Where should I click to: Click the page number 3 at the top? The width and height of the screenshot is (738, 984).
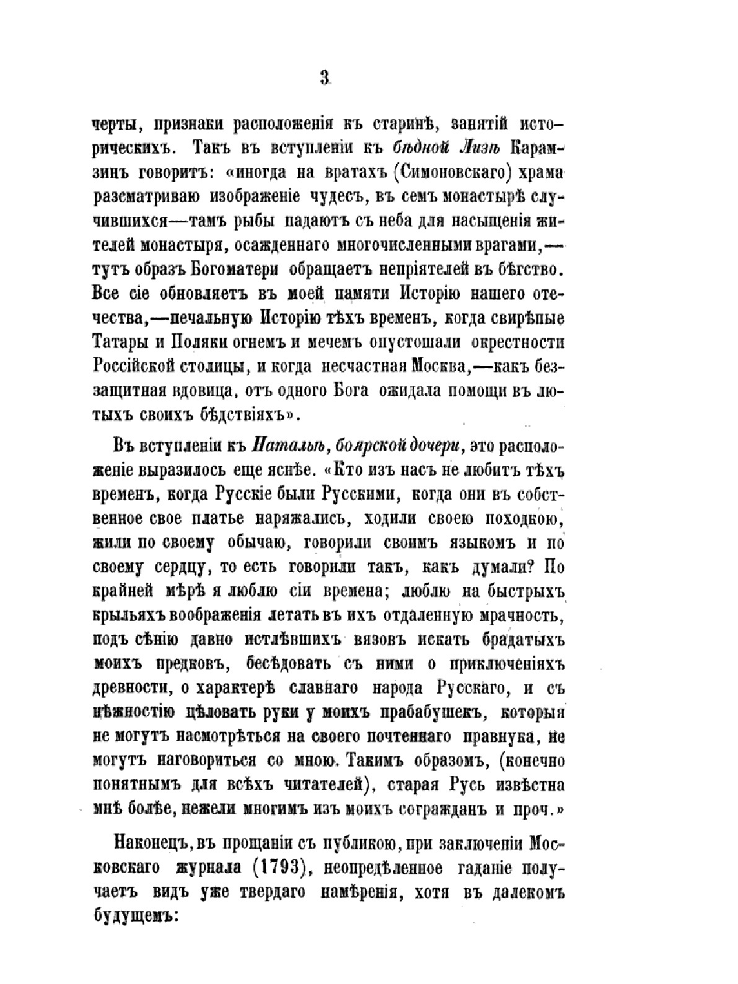tap(325, 79)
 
